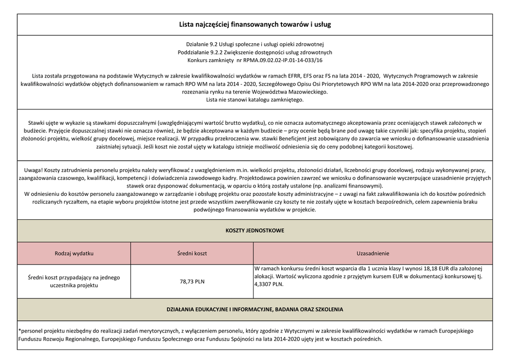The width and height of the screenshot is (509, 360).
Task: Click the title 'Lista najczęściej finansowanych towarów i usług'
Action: click(254, 24)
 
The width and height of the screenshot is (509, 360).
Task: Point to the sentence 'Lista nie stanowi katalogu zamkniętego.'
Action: click(254, 100)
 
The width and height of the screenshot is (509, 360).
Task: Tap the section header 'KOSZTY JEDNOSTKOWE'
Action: click(254, 231)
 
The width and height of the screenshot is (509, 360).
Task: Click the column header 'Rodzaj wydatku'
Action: click(74, 253)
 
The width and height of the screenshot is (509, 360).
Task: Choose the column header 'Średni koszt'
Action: click(192, 253)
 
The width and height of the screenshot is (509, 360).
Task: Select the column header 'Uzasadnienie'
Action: click(373, 253)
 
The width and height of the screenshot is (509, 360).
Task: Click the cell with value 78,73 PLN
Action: click(192, 281)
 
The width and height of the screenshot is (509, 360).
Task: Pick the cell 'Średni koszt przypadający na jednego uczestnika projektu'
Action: click(74, 281)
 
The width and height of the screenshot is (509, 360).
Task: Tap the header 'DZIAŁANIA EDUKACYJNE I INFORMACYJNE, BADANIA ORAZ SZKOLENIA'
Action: click(254, 309)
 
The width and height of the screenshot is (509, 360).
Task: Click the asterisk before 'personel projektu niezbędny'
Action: click(19, 330)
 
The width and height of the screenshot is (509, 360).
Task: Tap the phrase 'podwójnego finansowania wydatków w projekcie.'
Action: click(254, 210)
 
